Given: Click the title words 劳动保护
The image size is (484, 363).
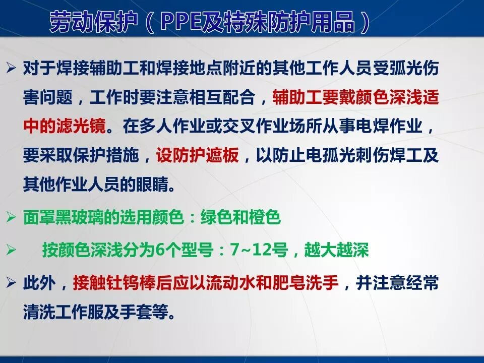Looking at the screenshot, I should (x=91, y=22).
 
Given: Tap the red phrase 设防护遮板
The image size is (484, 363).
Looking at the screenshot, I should (x=197, y=155).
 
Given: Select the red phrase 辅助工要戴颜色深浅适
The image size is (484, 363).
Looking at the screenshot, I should (x=355, y=97).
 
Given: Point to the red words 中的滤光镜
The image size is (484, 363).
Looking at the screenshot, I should (x=65, y=126).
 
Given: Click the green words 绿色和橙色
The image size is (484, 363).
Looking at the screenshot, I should (x=240, y=218).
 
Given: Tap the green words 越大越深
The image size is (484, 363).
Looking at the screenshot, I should (x=336, y=250).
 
